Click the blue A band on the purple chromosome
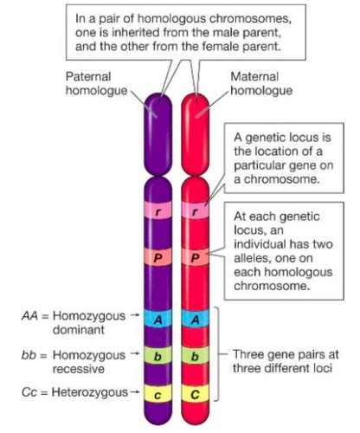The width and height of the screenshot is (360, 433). [x=157, y=320]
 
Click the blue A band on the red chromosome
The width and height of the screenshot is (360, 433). [x=197, y=320]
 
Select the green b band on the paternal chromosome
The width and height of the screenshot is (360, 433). [x=157, y=355]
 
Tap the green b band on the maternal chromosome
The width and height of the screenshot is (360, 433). [x=197, y=355]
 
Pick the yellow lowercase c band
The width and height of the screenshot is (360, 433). [x=157, y=391]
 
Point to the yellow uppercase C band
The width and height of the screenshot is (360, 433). [x=197, y=391]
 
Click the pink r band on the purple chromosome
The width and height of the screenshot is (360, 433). [x=157, y=210]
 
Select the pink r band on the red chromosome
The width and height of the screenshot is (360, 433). [x=197, y=210]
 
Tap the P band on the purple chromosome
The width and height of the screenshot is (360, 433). [x=157, y=257]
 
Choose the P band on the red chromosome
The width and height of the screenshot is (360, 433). [x=197, y=257]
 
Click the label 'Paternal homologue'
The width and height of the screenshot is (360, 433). [x=94, y=83]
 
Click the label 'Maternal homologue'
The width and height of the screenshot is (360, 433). [x=260, y=83]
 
